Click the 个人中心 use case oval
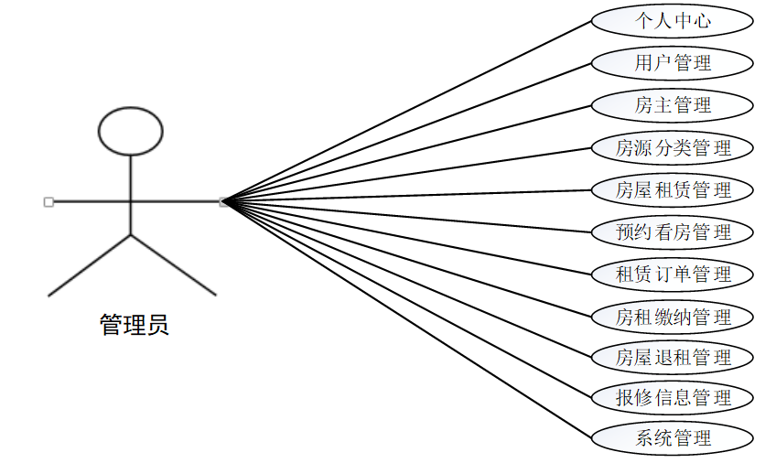673,20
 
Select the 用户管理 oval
673,62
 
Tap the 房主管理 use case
673,105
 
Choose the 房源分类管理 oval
673,147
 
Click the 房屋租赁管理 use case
673,190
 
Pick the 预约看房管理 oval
673,232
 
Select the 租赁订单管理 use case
673,275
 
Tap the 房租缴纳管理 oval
673,318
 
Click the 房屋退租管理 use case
673,357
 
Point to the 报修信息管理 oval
673,398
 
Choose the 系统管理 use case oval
673,437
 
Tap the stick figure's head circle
131,131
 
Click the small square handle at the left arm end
48,201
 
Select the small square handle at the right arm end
223,201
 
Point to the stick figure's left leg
90,265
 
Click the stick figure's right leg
174,265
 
